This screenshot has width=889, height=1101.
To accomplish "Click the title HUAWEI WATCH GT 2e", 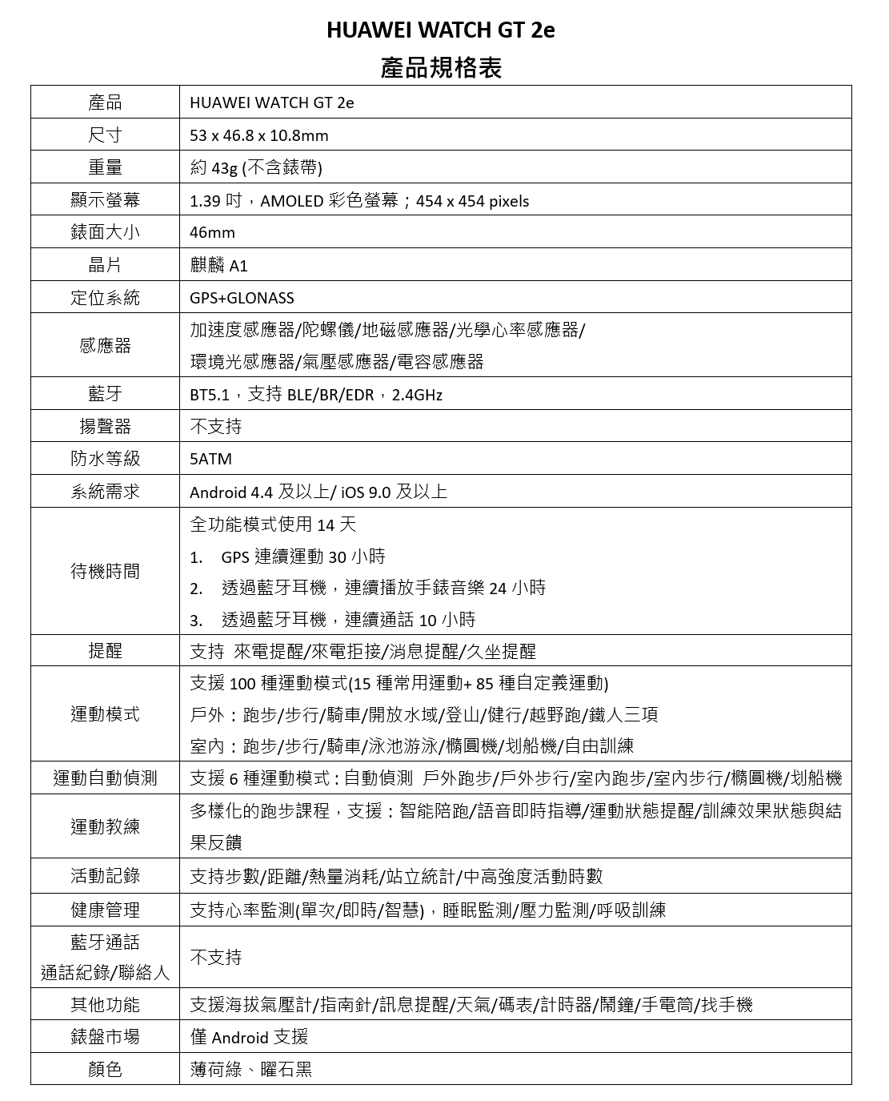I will (x=440, y=30).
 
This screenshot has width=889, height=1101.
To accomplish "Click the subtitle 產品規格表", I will (x=441, y=68).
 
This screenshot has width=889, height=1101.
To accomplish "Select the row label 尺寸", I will (x=105, y=135).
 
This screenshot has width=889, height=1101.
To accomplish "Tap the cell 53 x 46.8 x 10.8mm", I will (x=258, y=135).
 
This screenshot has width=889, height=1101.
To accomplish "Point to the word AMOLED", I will (x=292, y=201).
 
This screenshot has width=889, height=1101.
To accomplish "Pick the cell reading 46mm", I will (x=212, y=233).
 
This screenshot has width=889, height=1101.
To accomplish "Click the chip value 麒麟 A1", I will (x=218, y=266).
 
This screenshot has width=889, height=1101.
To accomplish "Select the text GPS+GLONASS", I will (x=242, y=298).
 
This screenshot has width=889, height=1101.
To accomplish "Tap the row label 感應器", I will (x=105, y=345).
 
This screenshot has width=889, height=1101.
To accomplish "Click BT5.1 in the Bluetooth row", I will (x=209, y=395).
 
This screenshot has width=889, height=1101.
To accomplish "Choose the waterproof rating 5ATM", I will (x=210, y=459).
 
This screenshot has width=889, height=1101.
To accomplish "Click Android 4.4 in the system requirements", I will (x=231, y=492).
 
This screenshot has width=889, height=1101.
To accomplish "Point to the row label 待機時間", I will (x=105, y=571).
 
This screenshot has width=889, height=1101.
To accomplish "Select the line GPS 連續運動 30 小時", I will (x=302, y=557).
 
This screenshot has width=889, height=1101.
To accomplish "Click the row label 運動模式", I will (x=105, y=713).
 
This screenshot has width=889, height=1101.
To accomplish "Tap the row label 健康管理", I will (x=105, y=910).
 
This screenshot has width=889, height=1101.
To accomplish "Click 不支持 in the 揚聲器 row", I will (x=215, y=426).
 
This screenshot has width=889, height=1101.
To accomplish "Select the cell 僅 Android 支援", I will (x=249, y=1037).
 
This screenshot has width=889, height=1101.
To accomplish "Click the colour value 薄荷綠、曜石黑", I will (x=250, y=1069).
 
